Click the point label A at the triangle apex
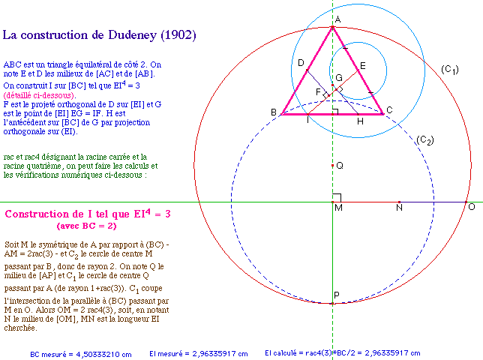[x=338, y=19]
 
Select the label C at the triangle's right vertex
[x=389, y=111]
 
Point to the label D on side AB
[x=300, y=62]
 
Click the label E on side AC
[x=363, y=66]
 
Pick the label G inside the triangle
[x=339, y=78]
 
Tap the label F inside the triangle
[x=319, y=92]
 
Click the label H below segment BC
[x=360, y=121]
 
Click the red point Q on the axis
[x=332, y=165]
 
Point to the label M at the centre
[x=339, y=208]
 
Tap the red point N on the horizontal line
[x=399, y=202]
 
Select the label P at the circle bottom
[x=337, y=295]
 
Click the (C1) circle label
[x=450, y=70]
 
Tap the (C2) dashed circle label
[x=425, y=140]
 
